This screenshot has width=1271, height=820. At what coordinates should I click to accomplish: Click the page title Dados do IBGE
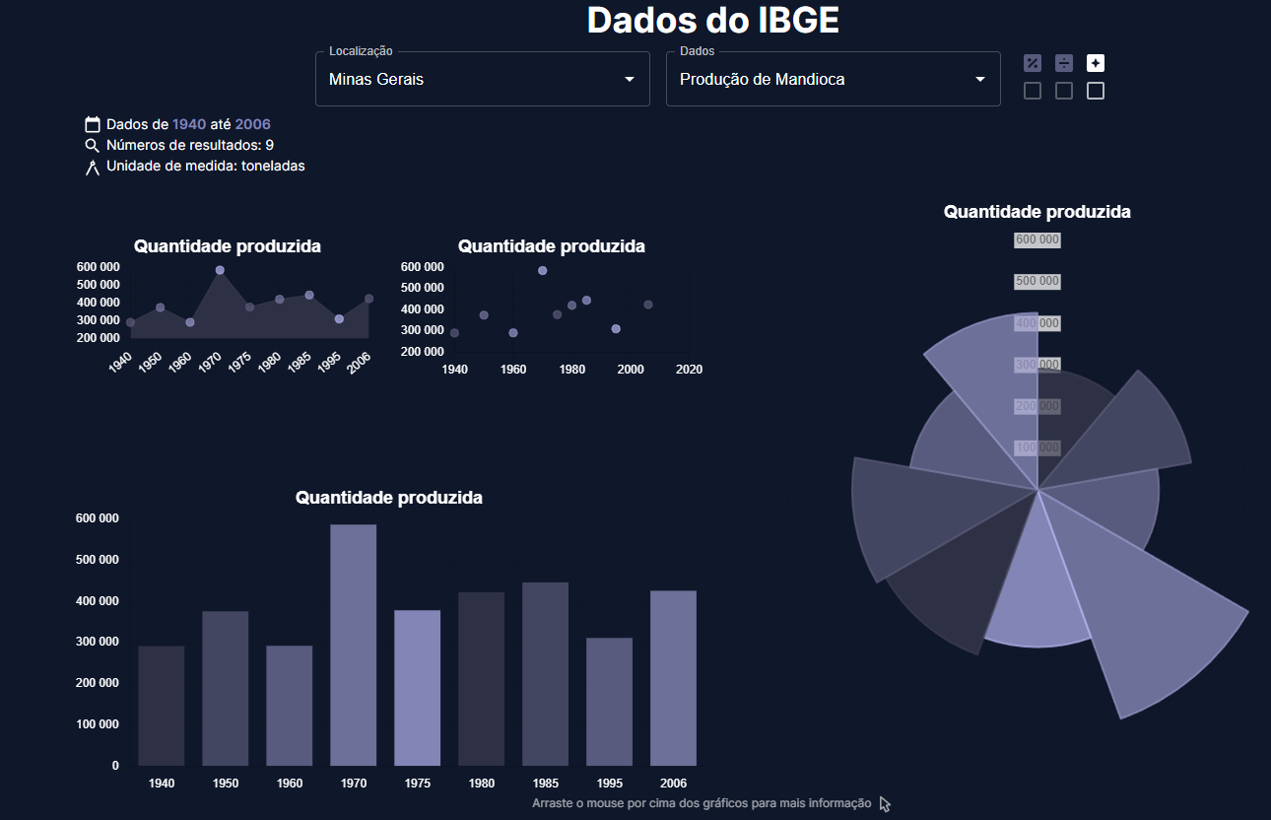[712, 21]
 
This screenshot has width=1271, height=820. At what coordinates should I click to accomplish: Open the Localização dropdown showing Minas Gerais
[482, 79]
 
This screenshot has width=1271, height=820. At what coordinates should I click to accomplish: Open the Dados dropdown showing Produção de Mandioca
[833, 79]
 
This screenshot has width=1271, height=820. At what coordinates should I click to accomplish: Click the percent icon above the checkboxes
[1033, 63]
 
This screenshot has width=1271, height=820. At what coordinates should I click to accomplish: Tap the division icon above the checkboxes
[1064, 63]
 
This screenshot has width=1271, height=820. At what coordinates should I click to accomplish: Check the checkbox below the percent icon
[1033, 92]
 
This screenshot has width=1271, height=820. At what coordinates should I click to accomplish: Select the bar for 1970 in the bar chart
[354, 645]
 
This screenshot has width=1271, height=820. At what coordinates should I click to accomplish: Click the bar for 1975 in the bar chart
[418, 687]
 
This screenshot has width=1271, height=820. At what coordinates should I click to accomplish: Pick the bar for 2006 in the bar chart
[674, 677]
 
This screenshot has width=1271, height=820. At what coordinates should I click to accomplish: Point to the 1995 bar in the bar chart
[610, 701]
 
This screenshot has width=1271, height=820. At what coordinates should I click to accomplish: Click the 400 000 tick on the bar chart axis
[97, 601]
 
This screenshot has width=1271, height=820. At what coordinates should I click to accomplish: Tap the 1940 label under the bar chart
[162, 784]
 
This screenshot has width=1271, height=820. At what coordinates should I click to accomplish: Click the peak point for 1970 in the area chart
[220, 270]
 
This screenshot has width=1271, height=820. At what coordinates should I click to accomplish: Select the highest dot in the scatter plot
[543, 270]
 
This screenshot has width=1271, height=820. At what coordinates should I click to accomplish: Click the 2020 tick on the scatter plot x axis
[689, 370]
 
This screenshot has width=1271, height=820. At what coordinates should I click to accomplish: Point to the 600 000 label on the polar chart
[1037, 240]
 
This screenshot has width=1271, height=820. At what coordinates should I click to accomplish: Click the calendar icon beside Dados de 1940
[93, 124]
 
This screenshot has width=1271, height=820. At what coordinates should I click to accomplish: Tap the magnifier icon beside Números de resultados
[93, 146]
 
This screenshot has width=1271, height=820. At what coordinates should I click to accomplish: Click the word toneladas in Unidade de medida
[273, 166]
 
